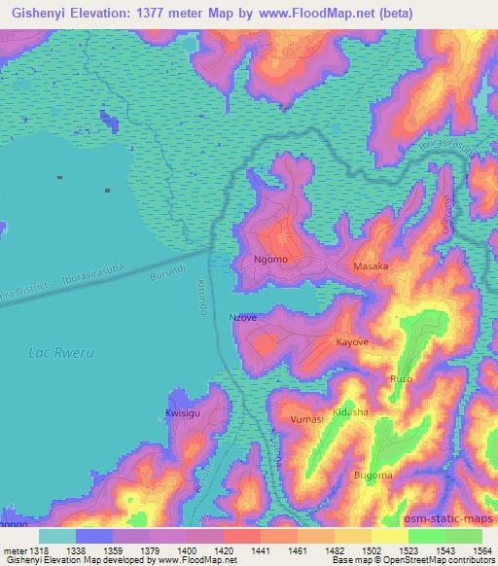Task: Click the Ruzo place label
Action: coord(401,377)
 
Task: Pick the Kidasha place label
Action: coord(351,412)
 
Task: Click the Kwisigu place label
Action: coord(183,413)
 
